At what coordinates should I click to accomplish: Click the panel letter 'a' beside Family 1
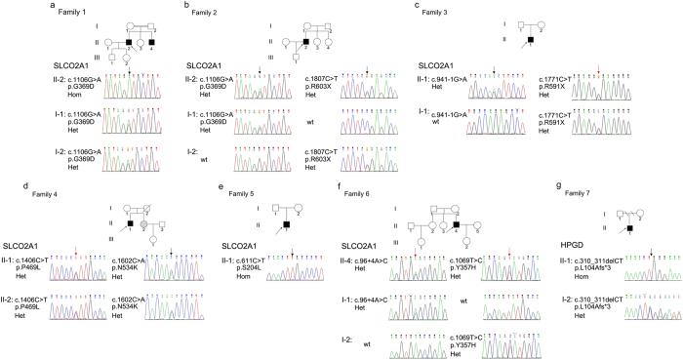[x=6, y=5]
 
